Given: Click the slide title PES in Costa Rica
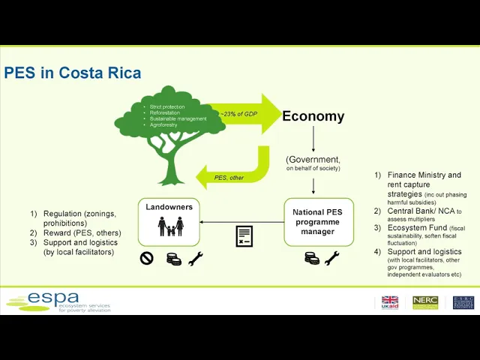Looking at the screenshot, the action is pos(73,73).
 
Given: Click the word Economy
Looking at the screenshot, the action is pos(313,116).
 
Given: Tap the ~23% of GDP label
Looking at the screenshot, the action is pos(238,113).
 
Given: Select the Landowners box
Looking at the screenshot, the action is pos(169,221).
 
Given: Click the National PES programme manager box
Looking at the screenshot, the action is pos(318,222).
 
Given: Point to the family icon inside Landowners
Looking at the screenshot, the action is pos(170,226).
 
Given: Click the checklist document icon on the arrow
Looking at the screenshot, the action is pos(244,236).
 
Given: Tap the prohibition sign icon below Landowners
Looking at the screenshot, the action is pos(147,259).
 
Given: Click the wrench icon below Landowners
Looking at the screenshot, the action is pos(196,259).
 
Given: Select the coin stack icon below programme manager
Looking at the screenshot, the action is pos(311,259).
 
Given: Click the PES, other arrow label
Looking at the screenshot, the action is pos(229,178).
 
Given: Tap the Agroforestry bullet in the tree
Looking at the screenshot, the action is pos(163,125).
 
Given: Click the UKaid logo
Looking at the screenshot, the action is pos(390,302).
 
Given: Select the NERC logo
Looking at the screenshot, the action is pos(425,302).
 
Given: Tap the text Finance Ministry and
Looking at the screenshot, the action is pos(424,175).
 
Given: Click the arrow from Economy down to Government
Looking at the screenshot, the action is pos(313,139).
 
